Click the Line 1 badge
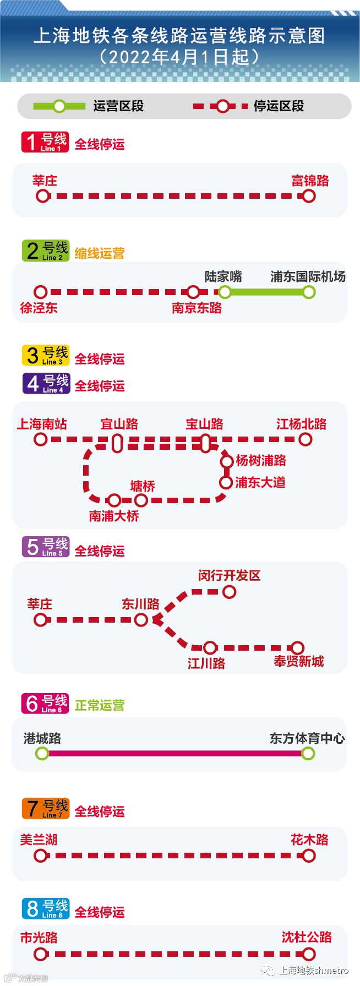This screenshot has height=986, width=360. (x=45, y=142)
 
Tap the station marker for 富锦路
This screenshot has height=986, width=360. (x=309, y=196)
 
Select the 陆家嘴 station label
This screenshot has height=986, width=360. (x=223, y=276)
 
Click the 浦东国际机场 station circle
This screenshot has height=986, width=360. (x=309, y=292)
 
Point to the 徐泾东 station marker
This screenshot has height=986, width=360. (x=40, y=292)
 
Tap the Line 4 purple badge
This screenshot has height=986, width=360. (x=46, y=383)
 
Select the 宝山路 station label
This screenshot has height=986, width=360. (x=204, y=424)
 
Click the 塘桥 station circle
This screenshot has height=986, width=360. (x=141, y=500)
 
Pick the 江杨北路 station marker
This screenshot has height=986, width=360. (x=305, y=439)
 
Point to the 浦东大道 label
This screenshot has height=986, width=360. (x=260, y=483)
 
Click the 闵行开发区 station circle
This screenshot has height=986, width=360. (x=229, y=592)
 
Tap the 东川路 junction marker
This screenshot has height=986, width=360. (x=141, y=620)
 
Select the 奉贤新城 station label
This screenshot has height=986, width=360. (x=298, y=662)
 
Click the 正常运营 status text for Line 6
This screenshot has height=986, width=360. (x=100, y=705)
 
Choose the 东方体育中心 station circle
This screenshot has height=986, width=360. (x=308, y=753)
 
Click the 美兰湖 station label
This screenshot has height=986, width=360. (x=39, y=840)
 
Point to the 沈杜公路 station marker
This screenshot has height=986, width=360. (x=309, y=954)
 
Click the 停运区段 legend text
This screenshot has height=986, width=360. (x=279, y=106)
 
